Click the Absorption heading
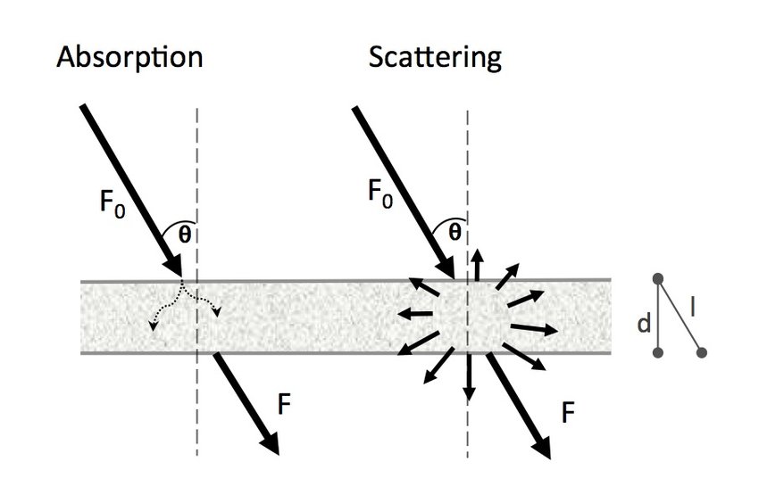coord(129,59)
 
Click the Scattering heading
coord(435,59)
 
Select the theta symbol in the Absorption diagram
coord(184,235)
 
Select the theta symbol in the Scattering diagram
coord(454,233)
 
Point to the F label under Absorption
coord(283,402)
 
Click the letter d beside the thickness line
coord(643,324)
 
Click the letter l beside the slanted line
coord(694,308)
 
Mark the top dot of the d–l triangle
coord(658,279)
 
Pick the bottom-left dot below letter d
coord(658,353)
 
